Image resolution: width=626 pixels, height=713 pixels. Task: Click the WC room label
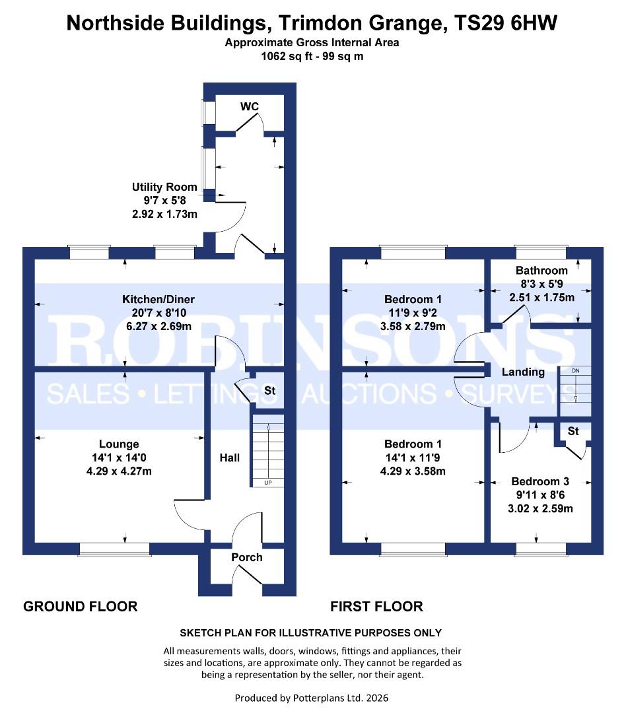tap(249, 107)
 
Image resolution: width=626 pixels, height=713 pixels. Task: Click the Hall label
tap(230, 458)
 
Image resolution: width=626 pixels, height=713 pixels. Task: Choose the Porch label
tap(246, 557)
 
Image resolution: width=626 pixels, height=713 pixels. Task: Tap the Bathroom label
tap(541, 271)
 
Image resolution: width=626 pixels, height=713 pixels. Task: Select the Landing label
tap(523, 372)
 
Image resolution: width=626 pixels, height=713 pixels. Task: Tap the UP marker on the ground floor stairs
tap(267, 483)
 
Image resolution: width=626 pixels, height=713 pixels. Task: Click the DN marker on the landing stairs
tap(575, 371)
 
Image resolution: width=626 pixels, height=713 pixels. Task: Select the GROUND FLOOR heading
tap(81, 606)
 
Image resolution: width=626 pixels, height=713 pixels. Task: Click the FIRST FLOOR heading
tap(376, 606)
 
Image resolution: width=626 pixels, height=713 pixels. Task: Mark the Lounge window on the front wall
tap(114, 549)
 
